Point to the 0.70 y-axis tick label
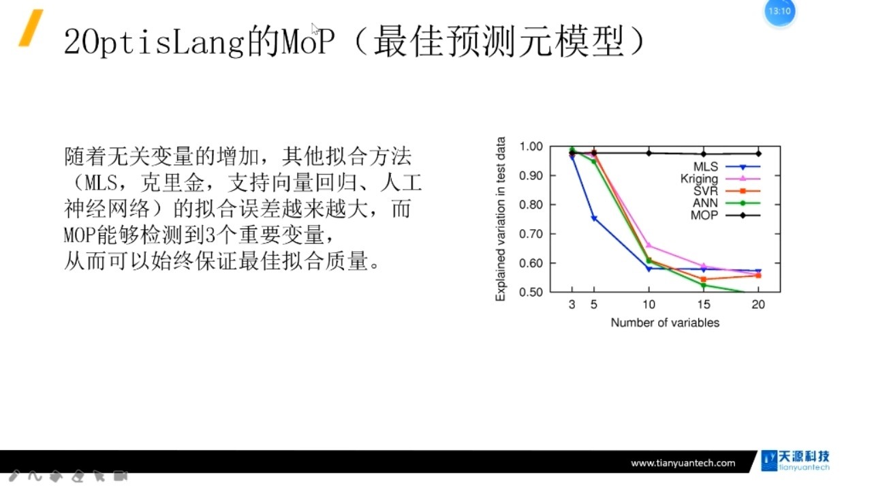pyautogui.click(x=531, y=234)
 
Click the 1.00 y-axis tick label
pyautogui.click(x=531, y=147)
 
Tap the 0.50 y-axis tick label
pyautogui.click(x=531, y=292)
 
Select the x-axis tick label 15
pyautogui.click(x=704, y=305)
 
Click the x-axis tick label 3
pyautogui.click(x=572, y=305)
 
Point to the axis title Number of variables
pyautogui.click(x=665, y=323)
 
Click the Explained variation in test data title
pyautogui.click(x=501, y=220)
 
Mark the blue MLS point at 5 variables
pyautogui.click(x=594, y=218)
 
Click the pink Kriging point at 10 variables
pyautogui.click(x=649, y=245)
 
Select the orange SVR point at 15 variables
pyautogui.click(x=704, y=279)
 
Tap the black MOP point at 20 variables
pyautogui.click(x=758, y=153)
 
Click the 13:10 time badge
pyautogui.click(x=779, y=12)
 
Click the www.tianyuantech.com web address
pyautogui.click(x=683, y=463)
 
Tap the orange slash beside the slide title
pyautogui.click(x=31, y=28)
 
